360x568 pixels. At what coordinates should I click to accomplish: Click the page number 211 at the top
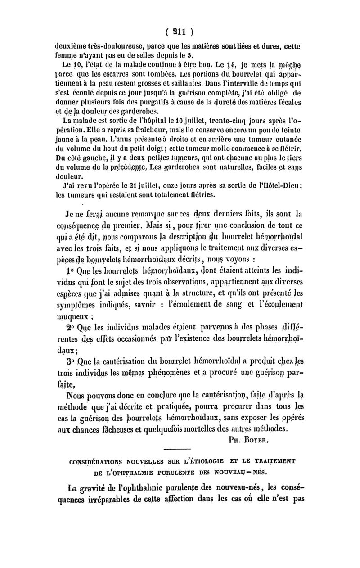179,32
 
